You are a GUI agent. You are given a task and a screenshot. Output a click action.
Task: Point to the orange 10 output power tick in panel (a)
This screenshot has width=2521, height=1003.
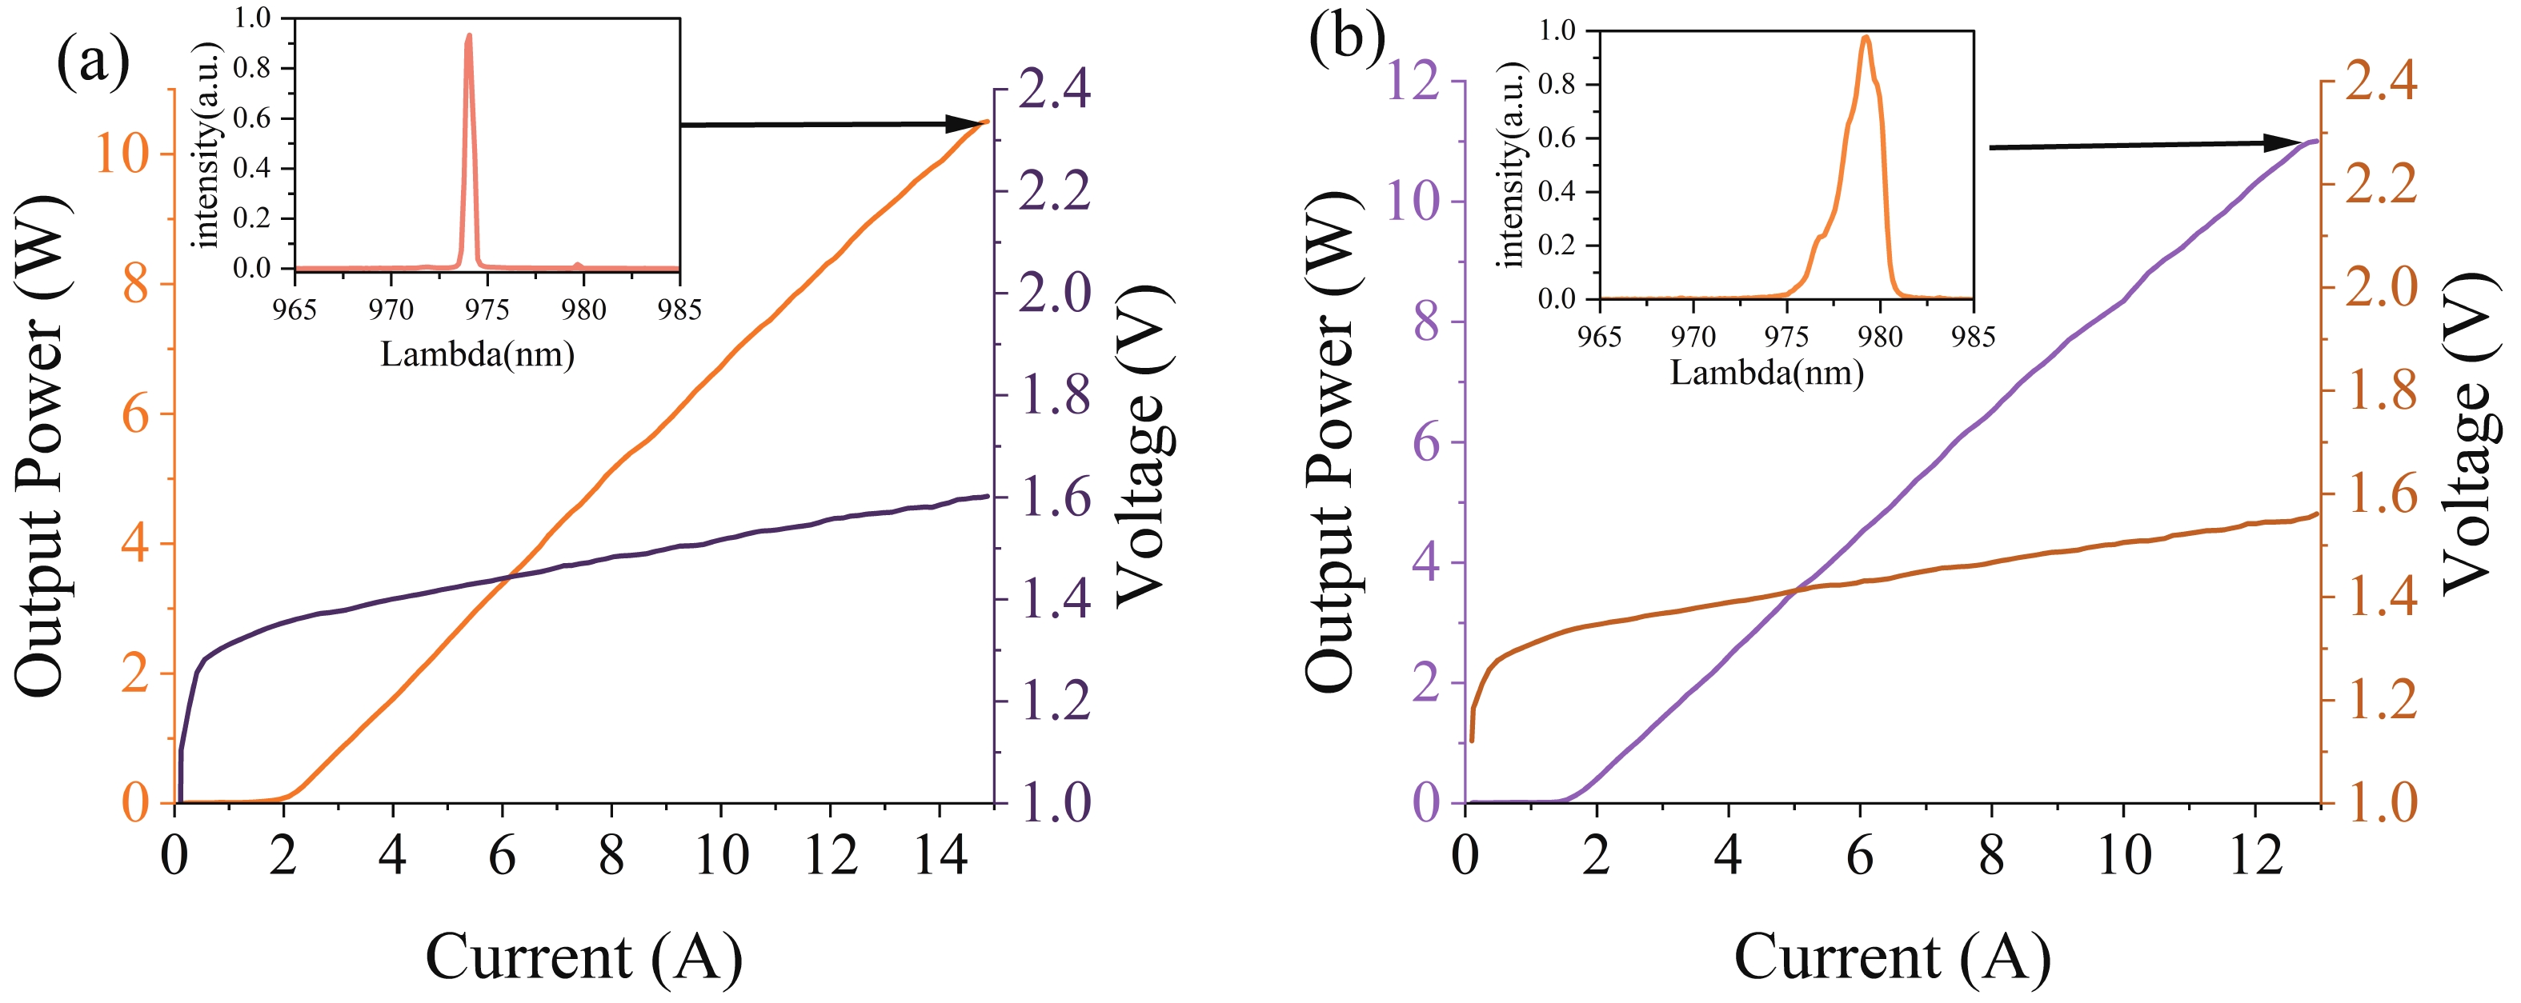(x=122, y=153)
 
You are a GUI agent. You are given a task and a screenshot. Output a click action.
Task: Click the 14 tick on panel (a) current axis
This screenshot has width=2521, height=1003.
(x=940, y=855)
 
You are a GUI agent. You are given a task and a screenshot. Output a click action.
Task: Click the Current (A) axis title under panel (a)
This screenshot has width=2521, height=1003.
(x=583, y=956)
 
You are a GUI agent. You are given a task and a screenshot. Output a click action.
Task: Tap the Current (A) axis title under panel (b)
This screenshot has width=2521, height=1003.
(x=1892, y=956)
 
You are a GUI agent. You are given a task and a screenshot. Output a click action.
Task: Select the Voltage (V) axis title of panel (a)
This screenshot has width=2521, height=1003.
(x=1143, y=446)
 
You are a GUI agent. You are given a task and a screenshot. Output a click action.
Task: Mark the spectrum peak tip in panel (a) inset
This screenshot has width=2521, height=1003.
(x=469, y=36)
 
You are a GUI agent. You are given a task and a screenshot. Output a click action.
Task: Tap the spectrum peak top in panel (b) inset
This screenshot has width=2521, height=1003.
(x=1866, y=37)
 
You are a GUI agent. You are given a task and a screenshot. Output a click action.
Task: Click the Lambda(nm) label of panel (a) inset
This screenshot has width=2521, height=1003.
(x=477, y=354)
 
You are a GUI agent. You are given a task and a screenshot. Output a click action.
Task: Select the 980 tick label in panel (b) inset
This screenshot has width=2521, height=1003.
(x=1879, y=337)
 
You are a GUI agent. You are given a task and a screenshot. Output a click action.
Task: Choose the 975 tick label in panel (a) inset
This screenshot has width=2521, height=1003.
(x=487, y=310)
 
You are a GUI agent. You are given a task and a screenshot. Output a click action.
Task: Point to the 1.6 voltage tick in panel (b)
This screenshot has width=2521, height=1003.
(x=2381, y=495)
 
